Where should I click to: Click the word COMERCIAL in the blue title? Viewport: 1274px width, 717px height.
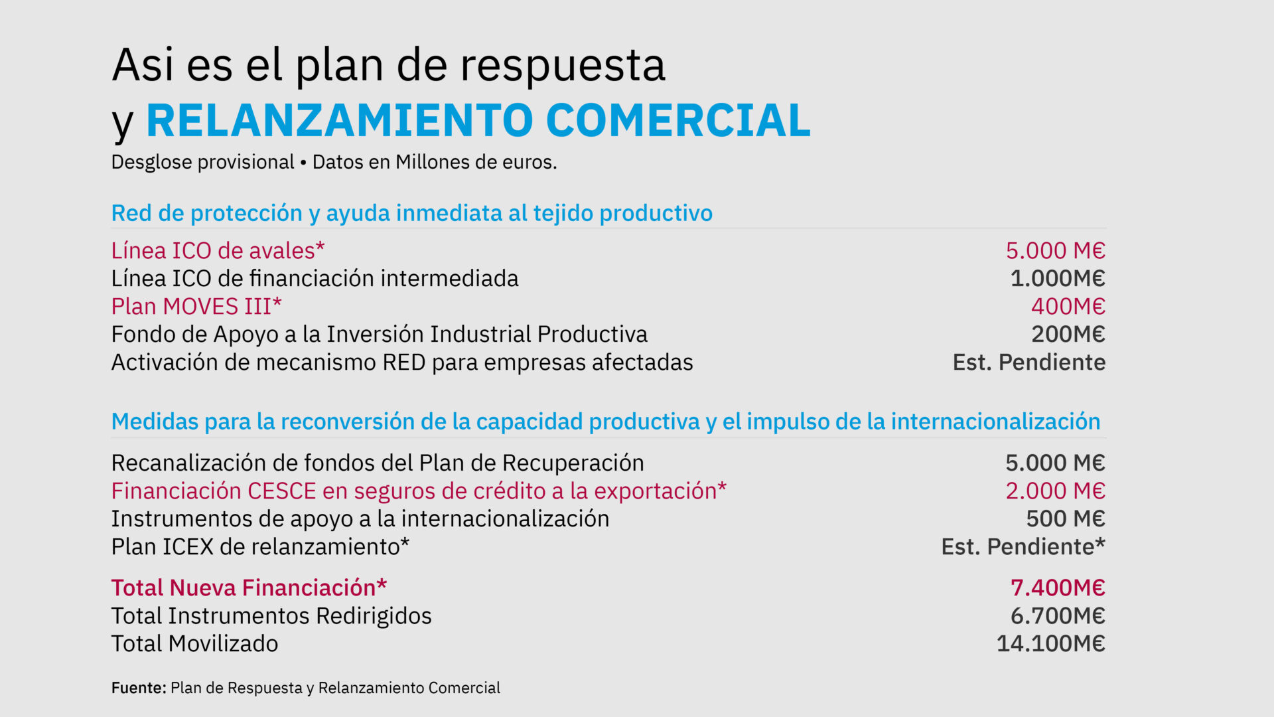point(678,120)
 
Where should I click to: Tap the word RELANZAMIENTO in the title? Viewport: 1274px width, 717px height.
point(340,120)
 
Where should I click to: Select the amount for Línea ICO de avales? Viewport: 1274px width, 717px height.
point(1056,251)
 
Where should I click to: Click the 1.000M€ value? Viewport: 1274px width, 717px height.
point(1058,279)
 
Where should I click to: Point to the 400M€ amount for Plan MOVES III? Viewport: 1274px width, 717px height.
point(1068,307)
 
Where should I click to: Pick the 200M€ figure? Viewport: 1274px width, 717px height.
point(1068,335)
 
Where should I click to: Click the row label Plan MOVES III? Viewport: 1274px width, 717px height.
point(196,307)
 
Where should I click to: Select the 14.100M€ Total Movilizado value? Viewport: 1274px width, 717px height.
point(1051,644)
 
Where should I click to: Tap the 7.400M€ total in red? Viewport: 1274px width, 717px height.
point(1058,588)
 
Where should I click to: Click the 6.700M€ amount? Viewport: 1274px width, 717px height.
point(1058,616)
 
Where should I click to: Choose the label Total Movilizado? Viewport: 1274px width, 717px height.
point(195,644)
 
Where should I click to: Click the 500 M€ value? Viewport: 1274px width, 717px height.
point(1066,519)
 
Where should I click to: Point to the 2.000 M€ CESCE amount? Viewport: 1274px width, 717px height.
point(1056,491)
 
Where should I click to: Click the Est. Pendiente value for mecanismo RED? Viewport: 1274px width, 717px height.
point(1029,362)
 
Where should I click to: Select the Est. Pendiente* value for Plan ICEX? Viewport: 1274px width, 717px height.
point(1024,547)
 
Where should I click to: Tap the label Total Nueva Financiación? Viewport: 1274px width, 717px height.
point(249,588)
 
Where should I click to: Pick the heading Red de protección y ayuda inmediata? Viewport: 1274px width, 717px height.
point(412,214)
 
